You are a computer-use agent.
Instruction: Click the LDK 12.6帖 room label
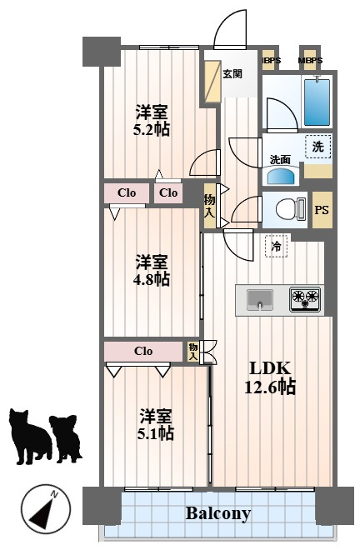pos(270,377)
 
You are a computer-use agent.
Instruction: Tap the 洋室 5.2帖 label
pos(152,121)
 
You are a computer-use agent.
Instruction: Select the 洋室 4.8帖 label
pos(152,271)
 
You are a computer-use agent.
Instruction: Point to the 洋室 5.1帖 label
pos(156,424)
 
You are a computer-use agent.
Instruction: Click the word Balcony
pos(218,513)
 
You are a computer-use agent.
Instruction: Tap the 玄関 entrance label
pos(232,73)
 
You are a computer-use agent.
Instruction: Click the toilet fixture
pos(291,209)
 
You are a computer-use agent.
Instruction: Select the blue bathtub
pos(317,102)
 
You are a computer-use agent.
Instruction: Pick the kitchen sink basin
pos(260,300)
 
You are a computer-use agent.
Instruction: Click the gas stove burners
pos(305,299)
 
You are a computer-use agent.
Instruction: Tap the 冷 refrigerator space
pos(277,246)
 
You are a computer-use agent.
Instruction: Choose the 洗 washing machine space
pos(317,147)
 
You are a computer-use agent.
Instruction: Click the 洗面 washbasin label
pos(280,160)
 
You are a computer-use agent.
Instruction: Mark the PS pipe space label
pos(322,210)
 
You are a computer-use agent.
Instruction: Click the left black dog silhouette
pos(30,437)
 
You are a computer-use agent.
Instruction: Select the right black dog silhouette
pos(66,438)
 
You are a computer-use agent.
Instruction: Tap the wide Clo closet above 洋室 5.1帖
pos(143,351)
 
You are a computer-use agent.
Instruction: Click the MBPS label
pos(310,60)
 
